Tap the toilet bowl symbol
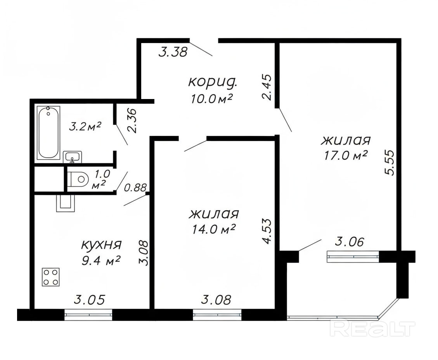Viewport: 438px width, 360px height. pos(78,178)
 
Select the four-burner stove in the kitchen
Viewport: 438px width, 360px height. pos(51,277)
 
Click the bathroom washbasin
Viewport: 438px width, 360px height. pos(73,157)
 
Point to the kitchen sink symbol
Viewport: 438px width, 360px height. pos(66,203)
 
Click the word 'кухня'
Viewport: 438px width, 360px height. pos(101,245)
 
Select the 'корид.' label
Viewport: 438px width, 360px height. pos(213,82)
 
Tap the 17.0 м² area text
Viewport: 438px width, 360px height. pos(345,155)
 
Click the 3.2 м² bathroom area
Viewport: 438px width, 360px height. pos(85,127)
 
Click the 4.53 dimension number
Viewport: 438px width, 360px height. pos(267,231)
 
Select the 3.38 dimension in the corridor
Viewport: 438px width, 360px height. pos(172,52)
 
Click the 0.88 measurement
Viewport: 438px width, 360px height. pos(135,188)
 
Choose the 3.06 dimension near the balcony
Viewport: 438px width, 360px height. pos(350,242)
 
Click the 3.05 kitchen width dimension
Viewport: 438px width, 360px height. pos(89,300)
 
